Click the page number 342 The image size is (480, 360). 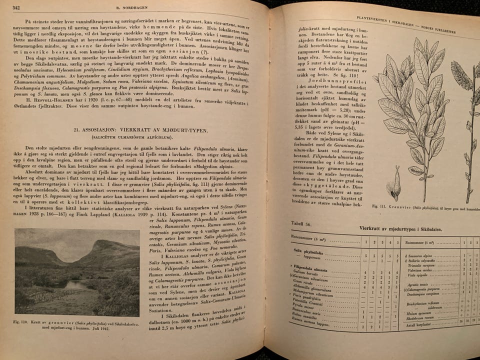tap(16, 7)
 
